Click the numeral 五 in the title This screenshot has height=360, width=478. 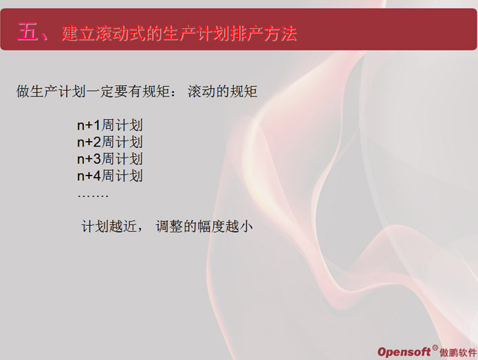tap(28, 32)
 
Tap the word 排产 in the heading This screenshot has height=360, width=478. tap(246, 33)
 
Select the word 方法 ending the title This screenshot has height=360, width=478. tap(280, 33)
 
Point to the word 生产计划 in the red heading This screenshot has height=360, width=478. tap(196, 33)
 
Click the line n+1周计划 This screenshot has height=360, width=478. tap(110, 125)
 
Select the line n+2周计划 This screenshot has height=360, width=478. tap(110, 142)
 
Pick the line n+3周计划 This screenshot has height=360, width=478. tap(110, 158)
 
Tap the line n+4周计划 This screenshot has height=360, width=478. tap(110, 176)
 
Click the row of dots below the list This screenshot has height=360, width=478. tap(93, 196)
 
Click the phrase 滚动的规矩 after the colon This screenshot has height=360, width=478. tap(223, 92)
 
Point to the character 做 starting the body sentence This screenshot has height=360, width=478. tap(23, 92)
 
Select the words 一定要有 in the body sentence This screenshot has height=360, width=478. tap(115, 92)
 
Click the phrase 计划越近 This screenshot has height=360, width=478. tap(109, 226)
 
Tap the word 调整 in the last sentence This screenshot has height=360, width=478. tap(169, 226)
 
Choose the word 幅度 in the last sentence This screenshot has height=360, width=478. tap(211, 226)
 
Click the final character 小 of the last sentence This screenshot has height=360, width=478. tap(246, 226)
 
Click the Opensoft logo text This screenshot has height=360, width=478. tap(404, 352)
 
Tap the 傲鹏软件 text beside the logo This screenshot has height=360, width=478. tap(457, 352)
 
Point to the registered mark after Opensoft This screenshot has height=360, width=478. tap(435, 347)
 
